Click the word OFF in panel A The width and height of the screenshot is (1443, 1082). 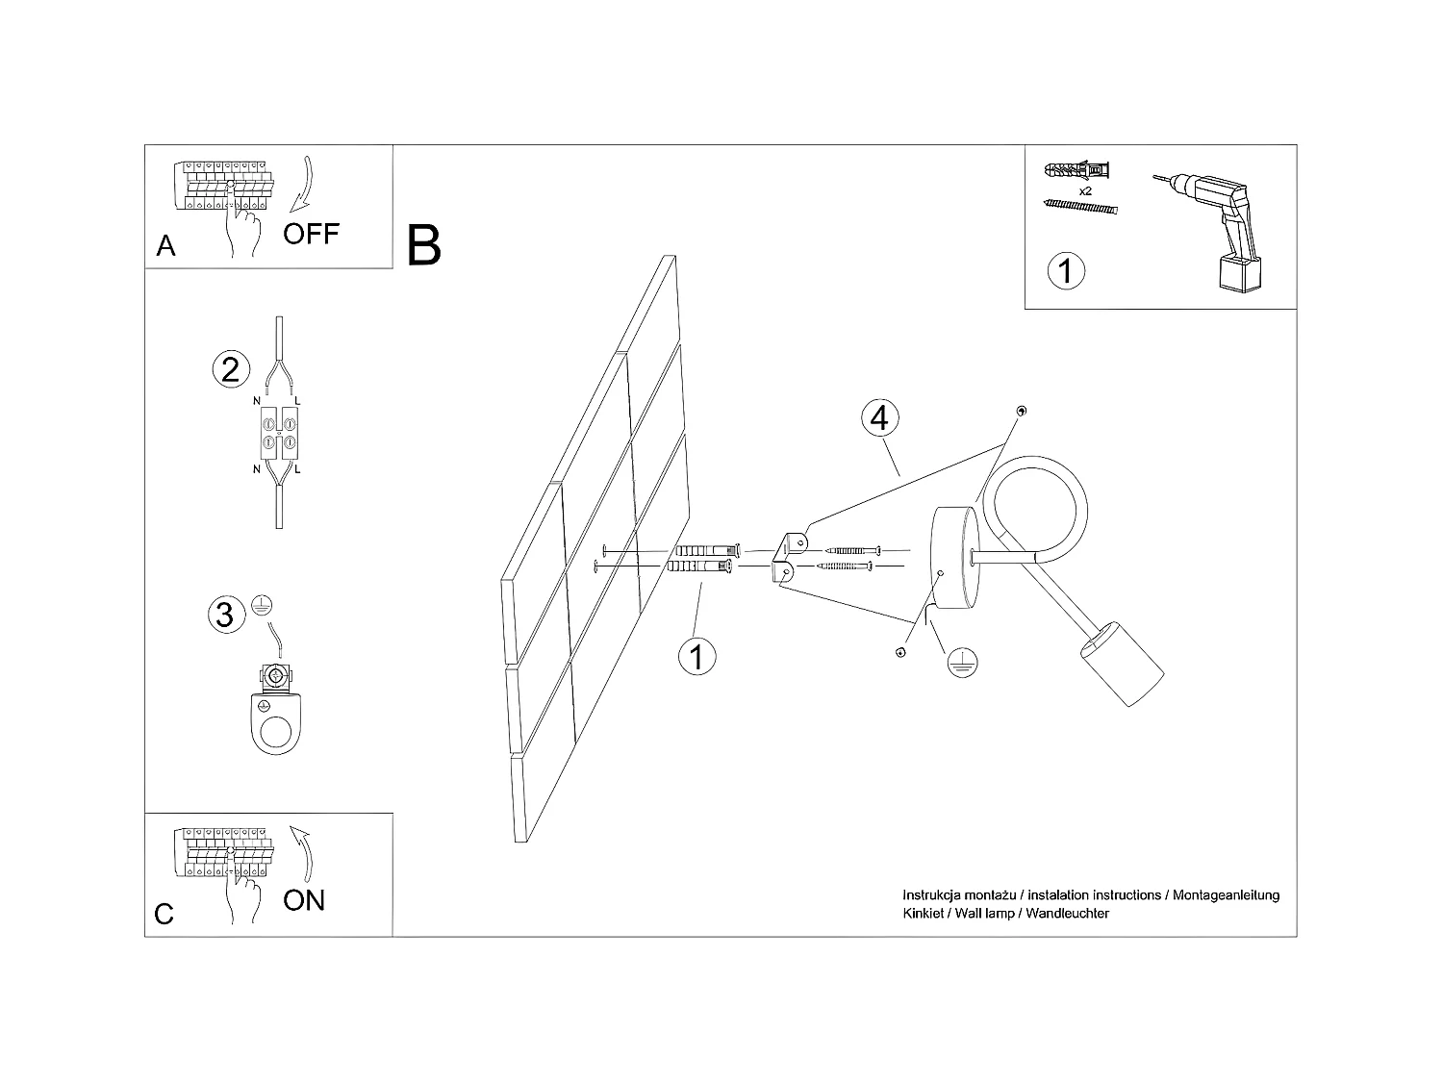coord(311,233)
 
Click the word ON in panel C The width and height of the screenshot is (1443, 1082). coord(304,900)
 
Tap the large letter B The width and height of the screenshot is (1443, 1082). coord(424,245)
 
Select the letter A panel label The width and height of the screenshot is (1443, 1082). coord(166,246)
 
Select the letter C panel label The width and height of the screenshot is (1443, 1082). coord(165,914)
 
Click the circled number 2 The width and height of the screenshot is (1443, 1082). coord(230,369)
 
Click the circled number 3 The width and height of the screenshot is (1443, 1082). coord(224,614)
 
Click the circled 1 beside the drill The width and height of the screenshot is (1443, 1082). coord(1065,270)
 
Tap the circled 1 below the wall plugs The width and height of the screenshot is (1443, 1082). coord(697,657)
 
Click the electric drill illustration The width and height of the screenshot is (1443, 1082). coord(1214,222)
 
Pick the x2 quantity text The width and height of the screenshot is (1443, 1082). coord(1085,191)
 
